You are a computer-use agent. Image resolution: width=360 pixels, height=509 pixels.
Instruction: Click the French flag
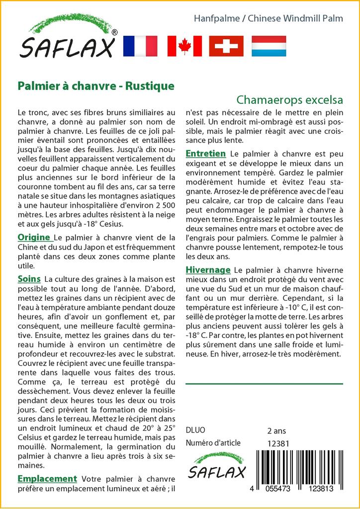(x=140, y=46)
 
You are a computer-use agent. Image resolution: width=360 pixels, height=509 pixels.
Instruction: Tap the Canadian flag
(x=184, y=46)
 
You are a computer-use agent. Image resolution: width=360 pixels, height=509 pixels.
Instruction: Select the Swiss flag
(x=226, y=46)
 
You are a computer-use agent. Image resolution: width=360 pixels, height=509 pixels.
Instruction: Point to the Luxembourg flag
(x=269, y=46)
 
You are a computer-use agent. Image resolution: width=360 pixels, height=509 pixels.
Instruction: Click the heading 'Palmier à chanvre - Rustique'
(x=96, y=86)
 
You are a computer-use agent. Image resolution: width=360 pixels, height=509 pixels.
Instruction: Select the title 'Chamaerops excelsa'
(x=290, y=99)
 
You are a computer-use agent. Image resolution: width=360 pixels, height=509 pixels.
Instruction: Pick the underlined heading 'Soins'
(x=29, y=279)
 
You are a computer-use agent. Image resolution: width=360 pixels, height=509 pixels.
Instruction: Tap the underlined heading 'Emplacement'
(x=47, y=479)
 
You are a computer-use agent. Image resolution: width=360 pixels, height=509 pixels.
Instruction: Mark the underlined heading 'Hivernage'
(x=208, y=270)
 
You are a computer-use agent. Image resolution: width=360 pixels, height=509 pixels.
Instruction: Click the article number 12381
(x=278, y=443)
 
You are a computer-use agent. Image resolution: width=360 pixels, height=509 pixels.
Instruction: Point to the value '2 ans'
(x=277, y=430)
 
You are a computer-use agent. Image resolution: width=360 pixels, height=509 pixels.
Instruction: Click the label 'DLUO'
(x=195, y=430)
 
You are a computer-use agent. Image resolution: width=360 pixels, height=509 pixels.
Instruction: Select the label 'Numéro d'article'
(x=213, y=443)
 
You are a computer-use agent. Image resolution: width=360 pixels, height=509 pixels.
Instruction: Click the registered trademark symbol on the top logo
(x=114, y=32)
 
